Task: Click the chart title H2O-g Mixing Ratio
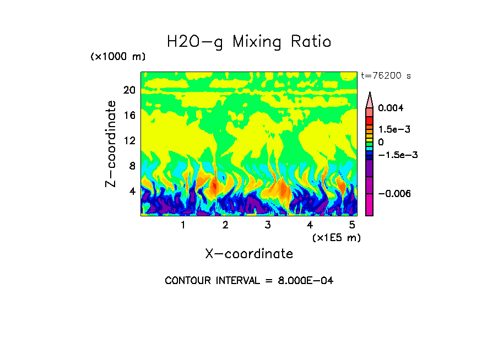pos(249,41)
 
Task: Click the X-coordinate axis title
pos(249,254)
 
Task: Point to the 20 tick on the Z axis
pos(129,90)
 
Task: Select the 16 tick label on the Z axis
pos(129,116)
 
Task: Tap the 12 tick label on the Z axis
pos(129,140)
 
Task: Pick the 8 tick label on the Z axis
pos(132,166)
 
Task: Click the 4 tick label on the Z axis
pos(132,191)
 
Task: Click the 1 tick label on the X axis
pos(183,225)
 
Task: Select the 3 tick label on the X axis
pos(268,225)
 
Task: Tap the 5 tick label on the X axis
pos(353,225)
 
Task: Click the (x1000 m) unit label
pos(117,57)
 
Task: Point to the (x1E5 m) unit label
pos(336,238)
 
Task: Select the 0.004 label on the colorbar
pos(390,108)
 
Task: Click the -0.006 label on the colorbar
pos(393,194)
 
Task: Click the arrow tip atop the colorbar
pos(370,94)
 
